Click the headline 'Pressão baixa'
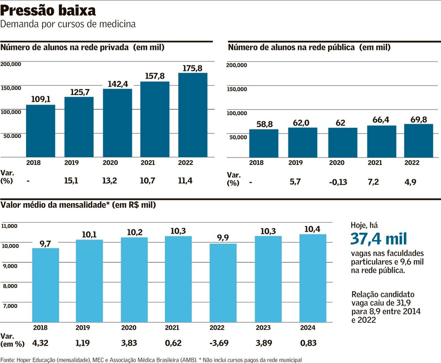pyautogui.click(x=48, y=10)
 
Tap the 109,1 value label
pyautogui.click(x=40, y=99)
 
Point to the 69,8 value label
pyautogui.click(x=419, y=119)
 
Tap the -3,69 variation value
pyautogui.click(x=220, y=343)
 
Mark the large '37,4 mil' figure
pyautogui.click(x=379, y=240)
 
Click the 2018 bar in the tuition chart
pyautogui.click(x=45, y=284)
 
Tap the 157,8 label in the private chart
pyautogui.click(x=155, y=76)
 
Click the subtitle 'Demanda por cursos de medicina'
pyautogui.click(x=68, y=24)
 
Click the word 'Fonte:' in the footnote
pyautogui.click(x=8, y=359)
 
